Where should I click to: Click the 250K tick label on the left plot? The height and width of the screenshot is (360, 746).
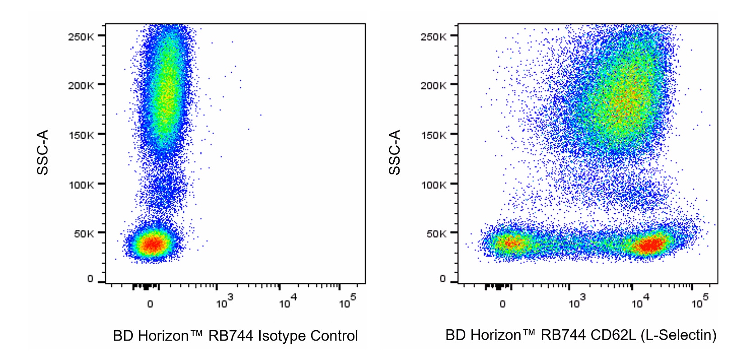click(81, 37)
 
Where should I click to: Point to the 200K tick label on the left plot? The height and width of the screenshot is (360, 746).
click(81, 86)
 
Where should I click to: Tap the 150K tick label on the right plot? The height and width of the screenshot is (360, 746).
click(434, 136)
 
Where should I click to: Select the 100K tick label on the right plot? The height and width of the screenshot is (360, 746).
click(434, 185)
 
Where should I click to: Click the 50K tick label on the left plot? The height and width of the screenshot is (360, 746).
click(84, 234)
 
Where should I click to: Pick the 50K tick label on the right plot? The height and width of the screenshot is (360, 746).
click(437, 234)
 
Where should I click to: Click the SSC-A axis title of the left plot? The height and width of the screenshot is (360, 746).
click(42, 152)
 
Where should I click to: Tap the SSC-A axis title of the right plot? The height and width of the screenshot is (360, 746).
click(395, 152)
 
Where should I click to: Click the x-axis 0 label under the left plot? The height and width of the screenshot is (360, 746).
click(150, 304)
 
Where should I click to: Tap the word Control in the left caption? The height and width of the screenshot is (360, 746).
click(334, 336)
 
